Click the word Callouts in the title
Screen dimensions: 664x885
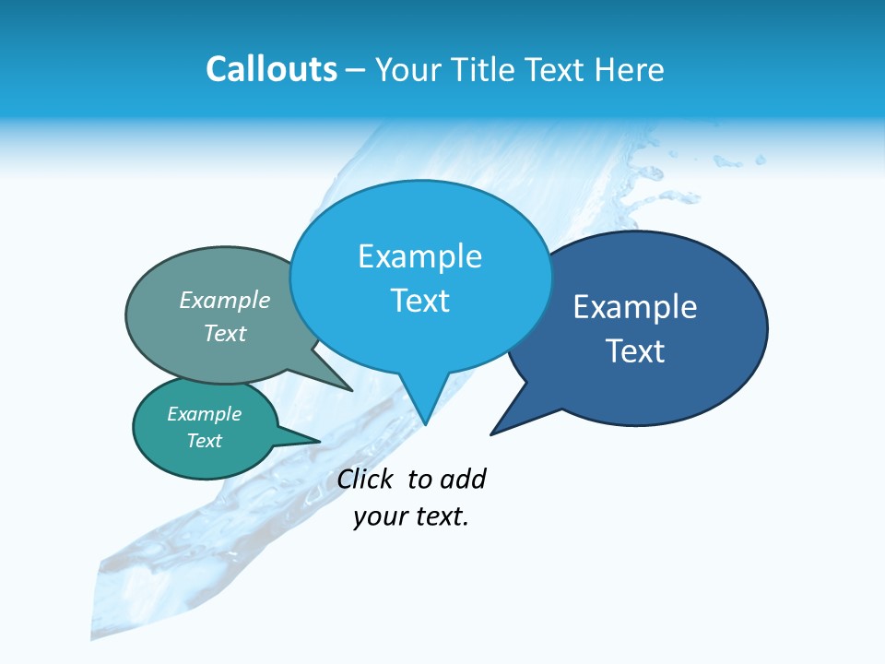[x=271, y=69]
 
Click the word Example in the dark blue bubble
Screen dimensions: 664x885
[x=635, y=307]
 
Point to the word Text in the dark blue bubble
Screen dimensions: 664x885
[x=635, y=351]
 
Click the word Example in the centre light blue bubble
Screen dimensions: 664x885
[x=419, y=256]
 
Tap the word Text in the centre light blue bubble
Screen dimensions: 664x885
[x=419, y=301]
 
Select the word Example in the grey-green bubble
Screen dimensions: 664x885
[x=225, y=301]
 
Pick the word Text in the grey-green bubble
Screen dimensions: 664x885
[x=225, y=333]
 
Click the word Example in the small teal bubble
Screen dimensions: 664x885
[x=205, y=414]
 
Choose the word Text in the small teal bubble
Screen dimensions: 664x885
[x=205, y=441]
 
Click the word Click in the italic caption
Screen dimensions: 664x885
[x=363, y=479]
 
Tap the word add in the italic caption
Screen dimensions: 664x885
[x=462, y=479]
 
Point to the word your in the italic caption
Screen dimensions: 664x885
[x=374, y=517]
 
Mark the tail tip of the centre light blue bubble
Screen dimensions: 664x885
[x=425, y=423]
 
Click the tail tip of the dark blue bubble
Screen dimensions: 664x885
[x=492, y=433]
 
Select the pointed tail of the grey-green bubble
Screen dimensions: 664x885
[x=350, y=389]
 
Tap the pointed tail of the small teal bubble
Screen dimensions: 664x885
[x=318, y=441]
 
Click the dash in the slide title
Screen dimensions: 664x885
[x=356, y=70]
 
